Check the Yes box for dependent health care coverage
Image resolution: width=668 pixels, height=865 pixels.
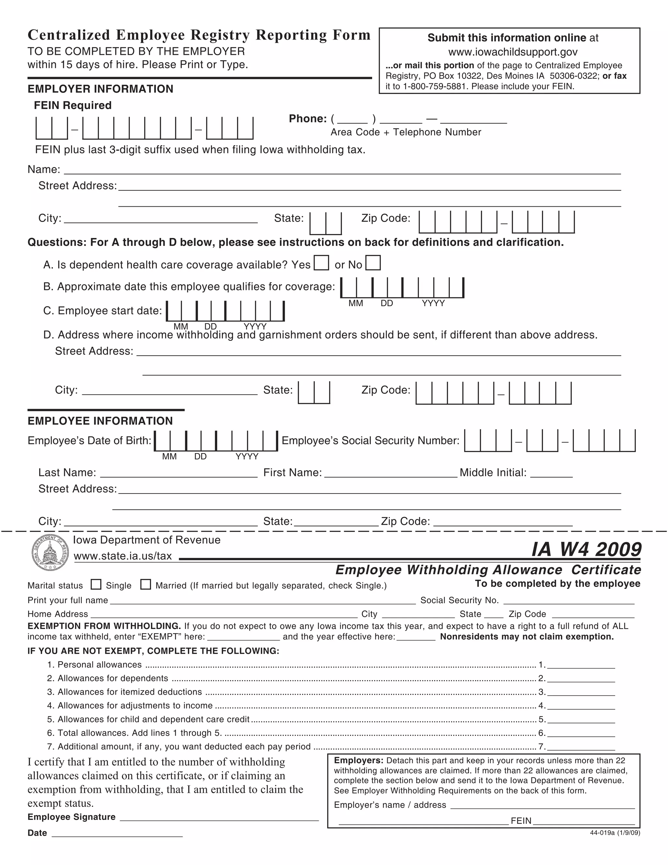pyautogui.click(x=321, y=263)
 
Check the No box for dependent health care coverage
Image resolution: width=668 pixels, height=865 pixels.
pyautogui.click(x=373, y=263)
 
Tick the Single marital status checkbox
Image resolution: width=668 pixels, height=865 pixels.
pyautogui.click(x=96, y=585)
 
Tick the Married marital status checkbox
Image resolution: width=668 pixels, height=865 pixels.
pyautogui.click(x=145, y=585)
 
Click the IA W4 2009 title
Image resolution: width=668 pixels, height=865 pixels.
pyautogui.click(x=586, y=549)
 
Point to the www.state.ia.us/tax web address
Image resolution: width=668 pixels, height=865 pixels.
pyautogui.click(x=123, y=556)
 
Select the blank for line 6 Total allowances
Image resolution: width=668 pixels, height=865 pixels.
pyautogui.click(x=581, y=733)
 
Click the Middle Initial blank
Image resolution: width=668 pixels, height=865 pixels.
pyautogui.click(x=551, y=473)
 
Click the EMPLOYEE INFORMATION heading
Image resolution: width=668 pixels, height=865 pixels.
pyautogui.click(x=100, y=421)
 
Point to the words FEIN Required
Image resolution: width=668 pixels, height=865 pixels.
pyautogui.click(x=73, y=105)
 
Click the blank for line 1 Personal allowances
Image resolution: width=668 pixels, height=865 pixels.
pyautogui.click(x=581, y=665)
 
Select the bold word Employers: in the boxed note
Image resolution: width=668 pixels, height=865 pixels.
pyautogui.click(x=358, y=761)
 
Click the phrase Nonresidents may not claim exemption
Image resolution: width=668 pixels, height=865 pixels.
pyautogui.click(x=527, y=637)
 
